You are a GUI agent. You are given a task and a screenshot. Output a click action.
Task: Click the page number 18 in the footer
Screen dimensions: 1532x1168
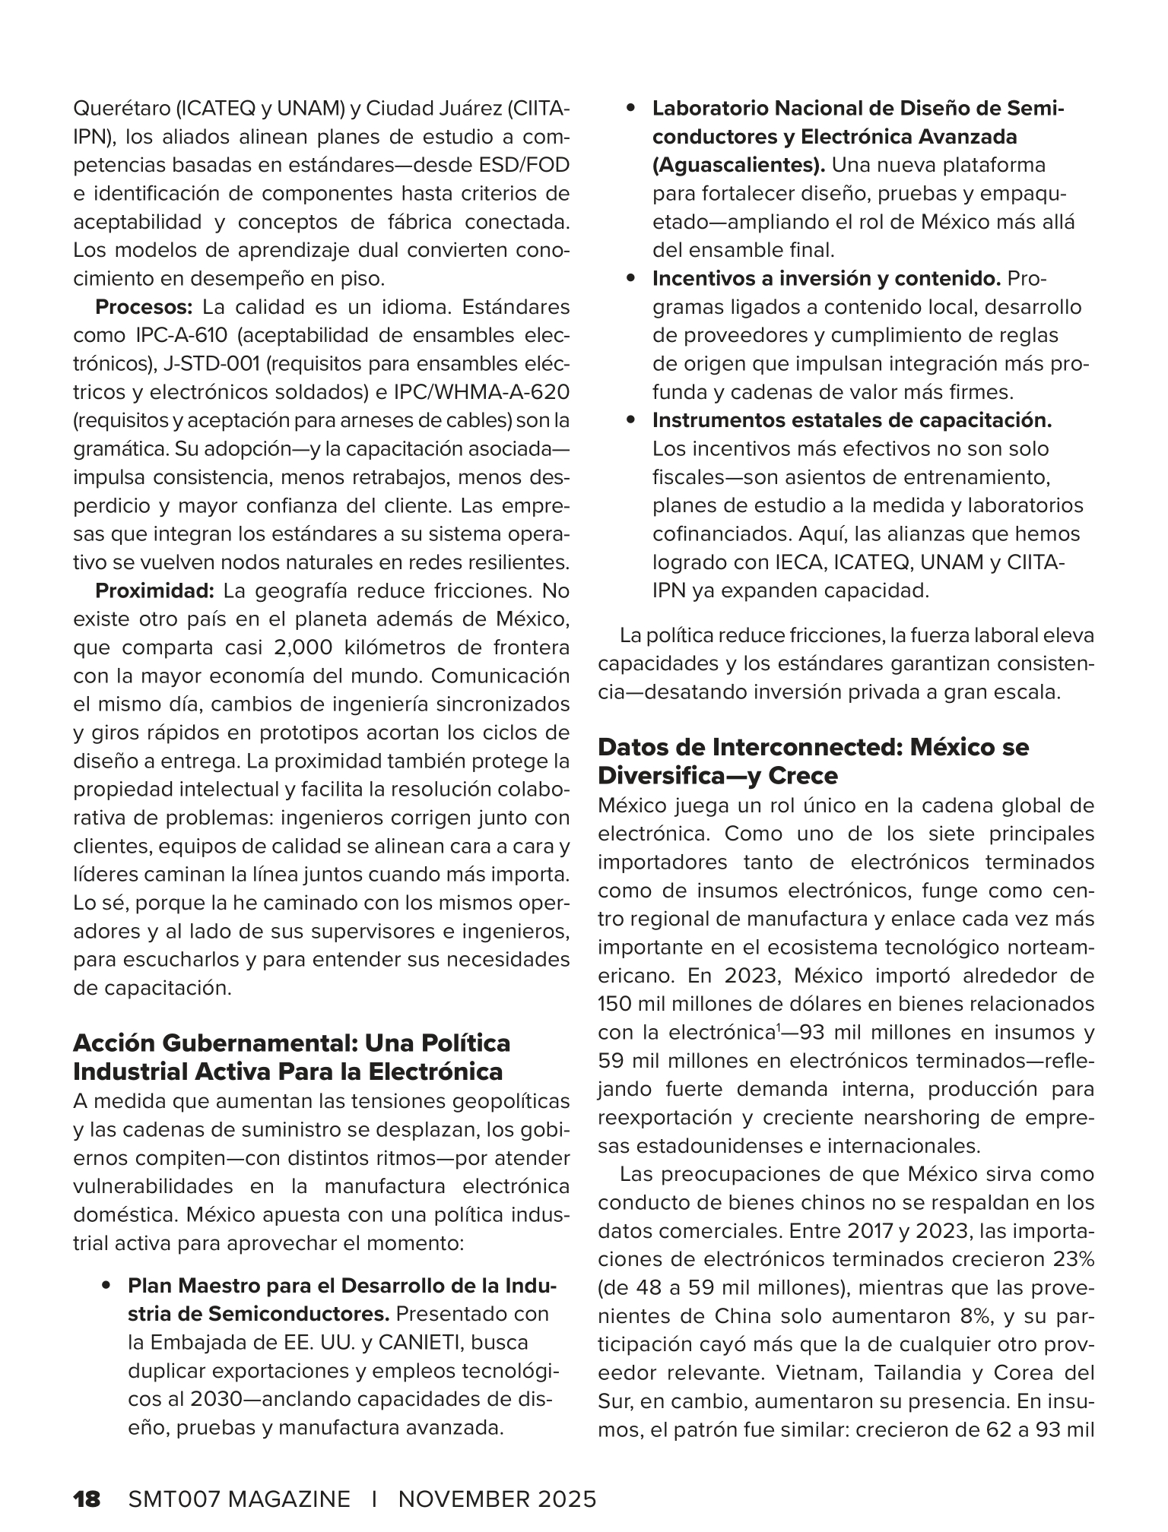click(x=87, y=1499)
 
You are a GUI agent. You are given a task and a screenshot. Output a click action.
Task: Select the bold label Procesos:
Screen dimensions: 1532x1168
click(x=144, y=308)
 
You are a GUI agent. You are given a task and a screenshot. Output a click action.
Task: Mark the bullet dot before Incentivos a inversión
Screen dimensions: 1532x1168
click(x=630, y=280)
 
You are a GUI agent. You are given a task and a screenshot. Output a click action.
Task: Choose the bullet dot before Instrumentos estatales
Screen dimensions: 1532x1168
click(x=630, y=420)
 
